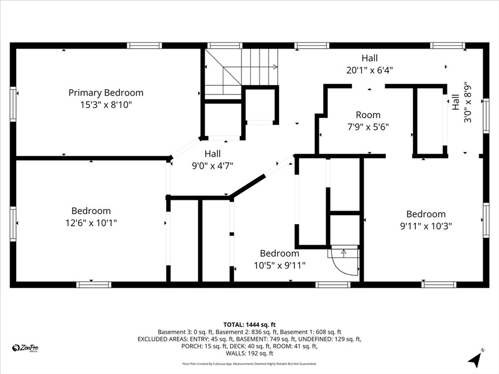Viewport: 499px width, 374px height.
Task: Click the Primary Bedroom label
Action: click(x=106, y=93)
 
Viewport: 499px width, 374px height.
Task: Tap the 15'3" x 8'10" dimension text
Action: click(x=106, y=105)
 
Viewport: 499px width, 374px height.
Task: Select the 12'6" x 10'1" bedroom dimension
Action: click(x=91, y=223)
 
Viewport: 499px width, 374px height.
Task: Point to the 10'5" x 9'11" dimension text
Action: click(x=280, y=265)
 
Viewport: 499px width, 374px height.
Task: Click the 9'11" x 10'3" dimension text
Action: click(x=426, y=226)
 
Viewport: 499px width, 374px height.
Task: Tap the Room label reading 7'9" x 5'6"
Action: click(x=368, y=121)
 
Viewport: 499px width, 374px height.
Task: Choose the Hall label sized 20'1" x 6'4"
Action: click(x=369, y=64)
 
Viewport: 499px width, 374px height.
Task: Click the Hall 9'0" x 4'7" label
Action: click(x=212, y=160)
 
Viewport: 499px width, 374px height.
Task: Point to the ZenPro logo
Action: click(x=25, y=348)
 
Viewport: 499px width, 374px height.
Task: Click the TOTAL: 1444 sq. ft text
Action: click(x=249, y=325)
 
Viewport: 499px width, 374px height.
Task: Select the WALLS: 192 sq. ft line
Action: click(x=249, y=354)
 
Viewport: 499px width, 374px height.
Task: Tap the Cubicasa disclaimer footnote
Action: click(x=249, y=364)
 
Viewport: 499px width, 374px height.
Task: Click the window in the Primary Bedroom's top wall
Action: click(x=144, y=45)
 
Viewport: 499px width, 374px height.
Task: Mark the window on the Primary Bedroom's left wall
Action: click(x=13, y=104)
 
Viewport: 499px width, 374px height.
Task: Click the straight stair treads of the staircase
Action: click(x=260, y=67)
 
